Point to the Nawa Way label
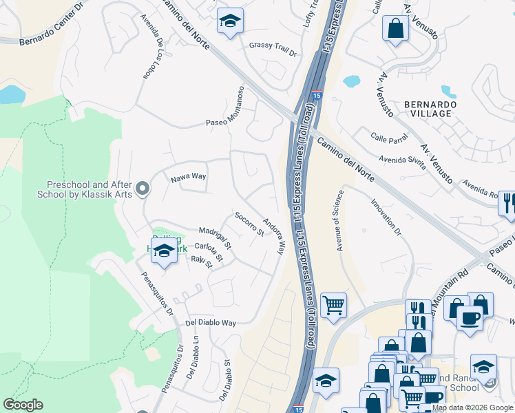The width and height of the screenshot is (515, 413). coord(189,177)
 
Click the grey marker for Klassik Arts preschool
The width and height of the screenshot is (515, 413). coord(143,188)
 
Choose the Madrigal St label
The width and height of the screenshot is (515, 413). coord(216,235)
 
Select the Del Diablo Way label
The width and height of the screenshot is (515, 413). coord(211,322)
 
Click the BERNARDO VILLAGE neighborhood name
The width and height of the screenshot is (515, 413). coord(430,109)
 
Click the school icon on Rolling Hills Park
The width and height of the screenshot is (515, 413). coord(164,253)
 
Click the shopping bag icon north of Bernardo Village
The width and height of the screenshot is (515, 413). coord(395,28)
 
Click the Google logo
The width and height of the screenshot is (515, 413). coord(23,405)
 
